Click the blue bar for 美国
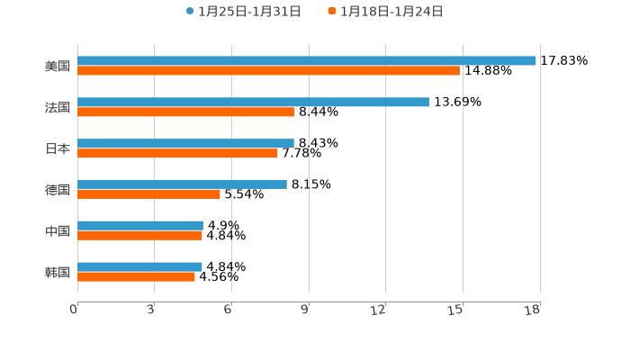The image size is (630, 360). point(306,61)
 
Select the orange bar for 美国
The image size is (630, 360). point(268,71)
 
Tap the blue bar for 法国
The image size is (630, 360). point(253,103)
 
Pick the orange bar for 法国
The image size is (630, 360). point(185,112)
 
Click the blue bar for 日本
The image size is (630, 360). point(185,143)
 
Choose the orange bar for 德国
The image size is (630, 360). point(148,194)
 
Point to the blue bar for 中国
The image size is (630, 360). point(140,226)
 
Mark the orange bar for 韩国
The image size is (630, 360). point(136,277)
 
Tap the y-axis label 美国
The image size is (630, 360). point(58,67)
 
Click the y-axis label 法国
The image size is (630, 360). point(58,108)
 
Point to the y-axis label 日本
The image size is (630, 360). point(58,149)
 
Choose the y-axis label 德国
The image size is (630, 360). point(58,190)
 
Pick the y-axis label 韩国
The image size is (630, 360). point(58,273)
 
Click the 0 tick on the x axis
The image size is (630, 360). point(75,310)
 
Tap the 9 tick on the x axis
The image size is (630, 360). point(305,310)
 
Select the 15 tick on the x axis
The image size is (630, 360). point(456,310)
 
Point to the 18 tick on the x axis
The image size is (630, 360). point(533,310)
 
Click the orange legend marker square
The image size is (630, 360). point(332,12)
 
